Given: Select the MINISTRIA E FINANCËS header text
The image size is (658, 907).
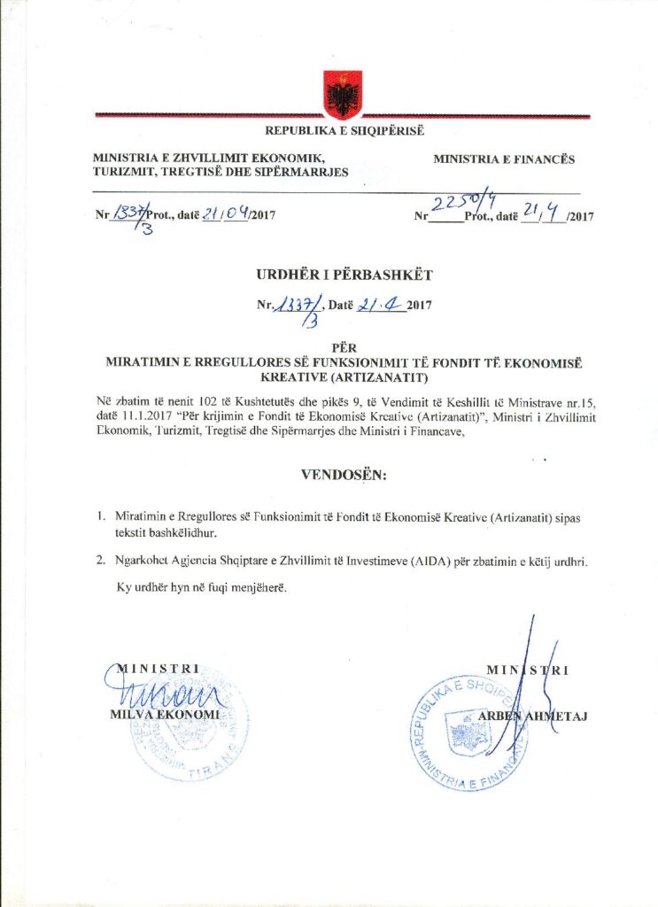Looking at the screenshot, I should (x=504, y=159).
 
